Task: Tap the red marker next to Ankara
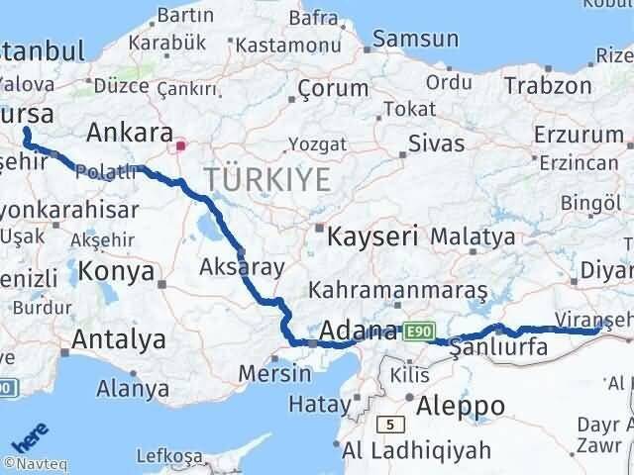pyautogui.click(x=180, y=146)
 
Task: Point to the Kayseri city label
pyautogui.click(x=372, y=237)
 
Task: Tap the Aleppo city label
pyautogui.click(x=462, y=405)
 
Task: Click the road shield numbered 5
pyautogui.click(x=390, y=424)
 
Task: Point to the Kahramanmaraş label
pyautogui.click(x=398, y=290)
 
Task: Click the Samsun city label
pyautogui.click(x=417, y=40)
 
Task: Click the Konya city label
pyautogui.click(x=116, y=271)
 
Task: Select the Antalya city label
pyautogui.click(x=118, y=340)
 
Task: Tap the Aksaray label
pyautogui.click(x=242, y=266)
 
